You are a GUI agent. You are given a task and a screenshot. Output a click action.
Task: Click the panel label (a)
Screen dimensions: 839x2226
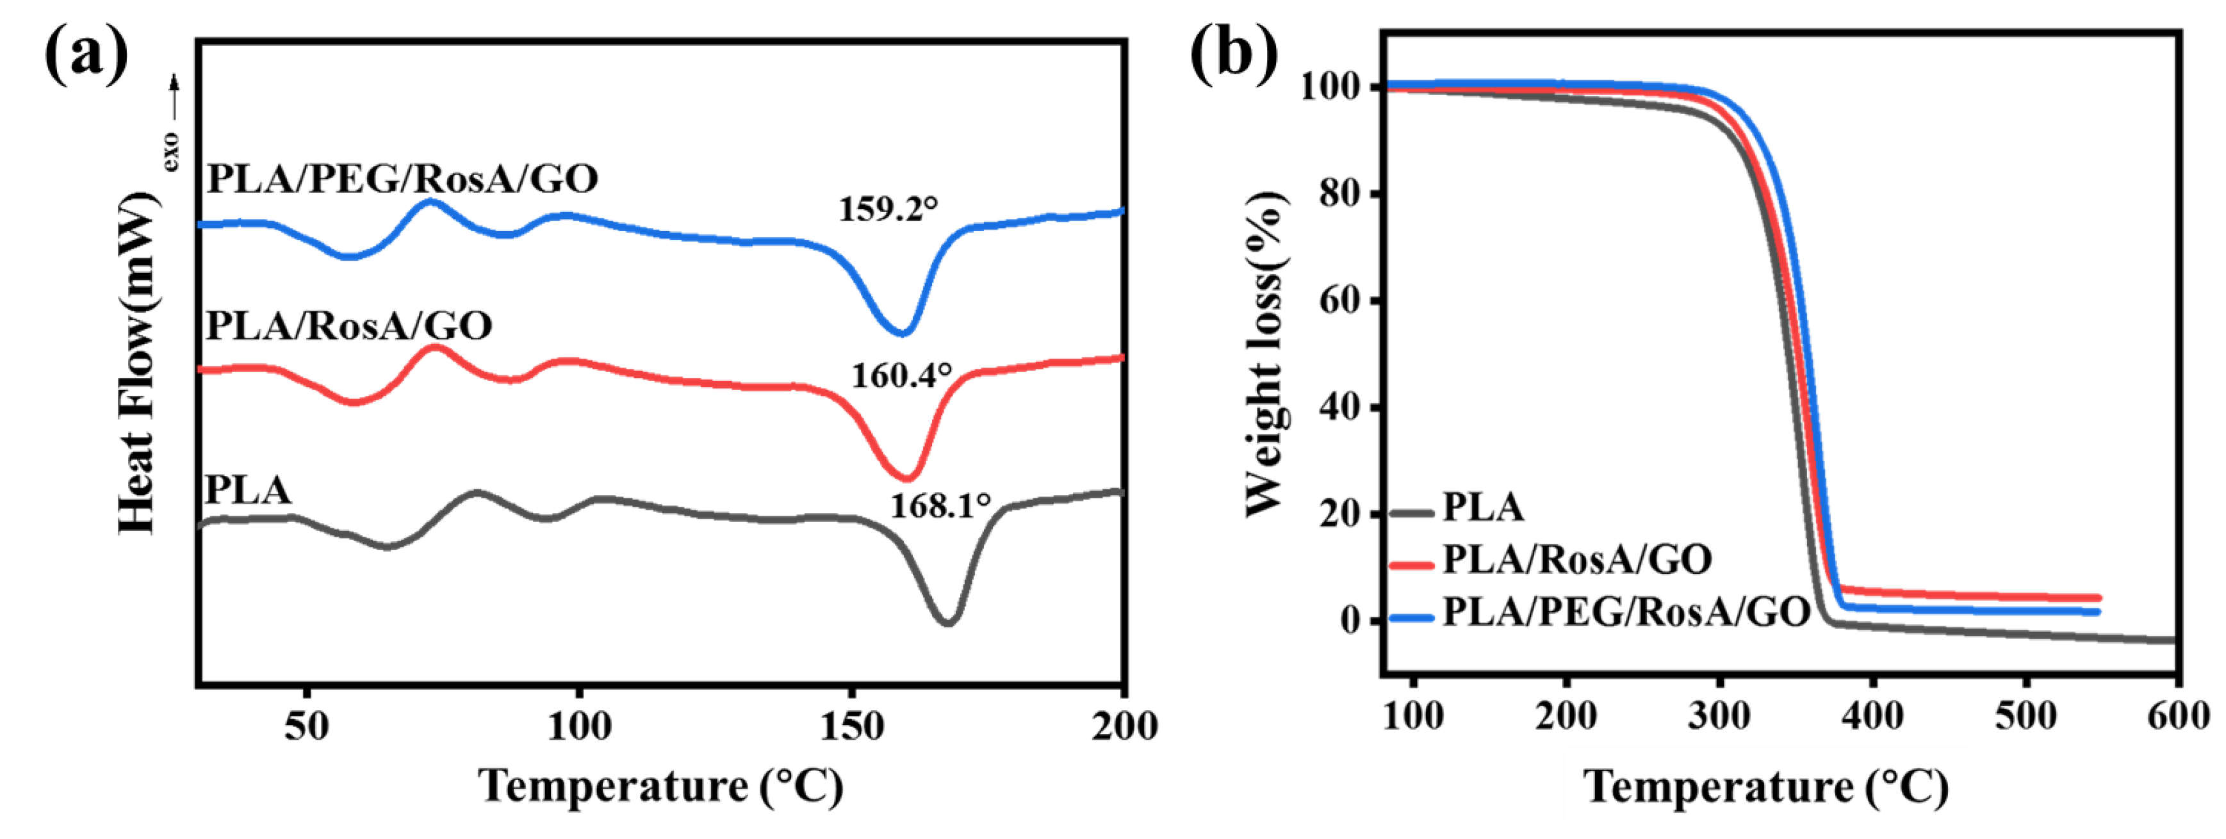tap(86, 54)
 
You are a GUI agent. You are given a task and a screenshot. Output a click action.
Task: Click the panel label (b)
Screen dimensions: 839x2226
tap(1233, 54)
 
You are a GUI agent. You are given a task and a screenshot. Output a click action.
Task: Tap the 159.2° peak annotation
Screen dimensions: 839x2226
tap(887, 209)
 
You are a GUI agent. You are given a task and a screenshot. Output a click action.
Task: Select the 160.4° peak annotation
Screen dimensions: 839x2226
tap(901, 375)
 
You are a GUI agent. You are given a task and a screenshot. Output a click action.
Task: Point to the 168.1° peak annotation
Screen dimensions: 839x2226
tap(940, 505)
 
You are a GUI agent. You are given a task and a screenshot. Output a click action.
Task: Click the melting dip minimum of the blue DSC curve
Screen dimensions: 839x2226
tap(902, 332)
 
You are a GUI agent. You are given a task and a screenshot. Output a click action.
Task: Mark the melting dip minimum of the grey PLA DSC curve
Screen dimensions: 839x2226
tap(948, 622)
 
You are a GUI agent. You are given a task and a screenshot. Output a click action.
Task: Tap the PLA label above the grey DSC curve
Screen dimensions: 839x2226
tap(248, 490)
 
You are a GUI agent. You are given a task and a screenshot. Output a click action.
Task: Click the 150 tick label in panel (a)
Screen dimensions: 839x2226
tap(851, 727)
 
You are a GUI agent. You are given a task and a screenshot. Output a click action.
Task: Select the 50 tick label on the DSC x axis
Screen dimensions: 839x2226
tap(306, 727)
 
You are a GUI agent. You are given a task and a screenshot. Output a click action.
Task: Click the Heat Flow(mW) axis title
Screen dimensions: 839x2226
tap(138, 363)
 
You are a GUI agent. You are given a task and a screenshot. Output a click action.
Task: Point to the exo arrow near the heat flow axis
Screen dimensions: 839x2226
tap(174, 121)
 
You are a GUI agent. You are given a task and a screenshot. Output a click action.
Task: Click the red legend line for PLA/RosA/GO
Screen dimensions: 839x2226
tap(1412, 565)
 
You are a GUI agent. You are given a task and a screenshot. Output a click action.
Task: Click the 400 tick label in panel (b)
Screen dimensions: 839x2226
tap(1872, 716)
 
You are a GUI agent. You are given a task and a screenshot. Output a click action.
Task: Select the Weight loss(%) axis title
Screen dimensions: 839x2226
tap(1265, 354)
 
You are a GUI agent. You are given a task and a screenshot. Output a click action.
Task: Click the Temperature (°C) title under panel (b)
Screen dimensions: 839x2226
tap(1765, 787)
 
